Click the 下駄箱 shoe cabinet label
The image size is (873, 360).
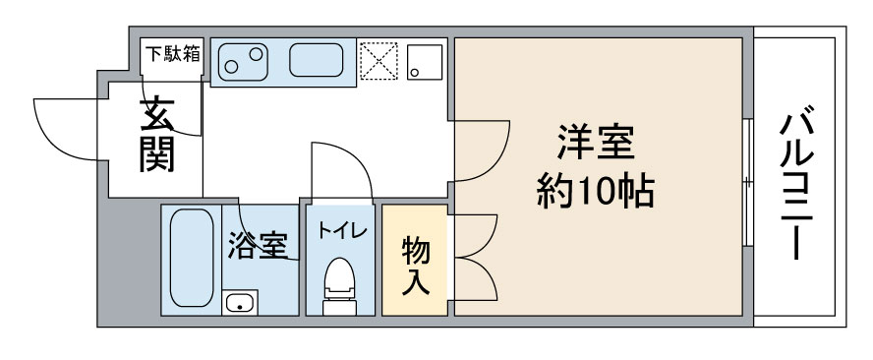(x=172, y=55)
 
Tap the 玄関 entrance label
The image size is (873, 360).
(x=157, y=135)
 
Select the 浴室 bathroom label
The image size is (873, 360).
(x=258, y=245)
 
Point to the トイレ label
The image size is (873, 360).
(x=342, y=230)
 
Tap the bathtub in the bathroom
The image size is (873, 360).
(x=192, y=258)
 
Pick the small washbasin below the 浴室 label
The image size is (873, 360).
(x=240, y=303)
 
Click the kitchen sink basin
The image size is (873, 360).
(x=316, y=60)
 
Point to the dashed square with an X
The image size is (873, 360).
(x=378, y=61)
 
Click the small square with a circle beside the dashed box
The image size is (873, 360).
(x=425, y=62)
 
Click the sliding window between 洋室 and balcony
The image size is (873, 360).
(x=748, y=182)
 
